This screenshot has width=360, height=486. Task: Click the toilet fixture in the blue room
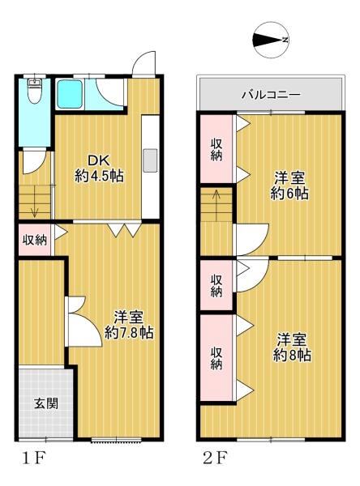tap(33, 91)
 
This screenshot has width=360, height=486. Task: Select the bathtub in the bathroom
tap(71, 95)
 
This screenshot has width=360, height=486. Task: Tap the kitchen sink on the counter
tap(150, 160)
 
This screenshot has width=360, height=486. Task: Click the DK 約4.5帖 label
tap(99, 169)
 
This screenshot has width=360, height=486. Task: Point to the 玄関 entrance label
tap(46, 404)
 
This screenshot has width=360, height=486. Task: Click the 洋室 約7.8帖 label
tap(128, 325)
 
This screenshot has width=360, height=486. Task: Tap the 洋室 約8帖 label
tap(292, 347)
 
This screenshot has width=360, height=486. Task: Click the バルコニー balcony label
tap(272, 94)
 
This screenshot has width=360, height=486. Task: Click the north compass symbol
tap(271, 40)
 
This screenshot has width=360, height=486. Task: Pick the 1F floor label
tap(33, 458)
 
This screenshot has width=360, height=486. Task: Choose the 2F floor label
tap(215, 458)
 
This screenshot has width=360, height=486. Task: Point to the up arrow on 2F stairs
tap(216, 198)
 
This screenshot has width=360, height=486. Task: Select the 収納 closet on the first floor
tap(35, 240)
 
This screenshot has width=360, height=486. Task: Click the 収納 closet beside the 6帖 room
tap(216, 149)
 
